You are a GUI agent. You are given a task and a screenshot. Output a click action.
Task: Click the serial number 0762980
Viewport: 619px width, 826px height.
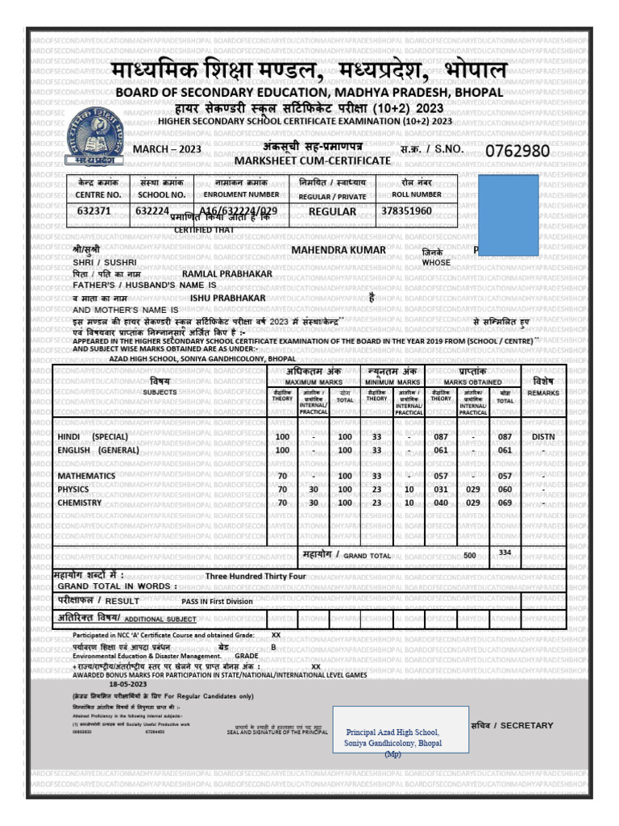click(517, 152)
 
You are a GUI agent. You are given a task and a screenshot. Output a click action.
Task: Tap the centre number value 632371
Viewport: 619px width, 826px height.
click(93, 211)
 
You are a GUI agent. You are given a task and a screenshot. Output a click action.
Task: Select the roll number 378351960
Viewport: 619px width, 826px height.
click(406, 211)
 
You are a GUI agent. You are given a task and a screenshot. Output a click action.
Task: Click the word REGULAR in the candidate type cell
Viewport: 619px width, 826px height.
click(332, 211)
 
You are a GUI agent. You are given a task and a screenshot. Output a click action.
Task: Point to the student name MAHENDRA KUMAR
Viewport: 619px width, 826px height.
click(327, 250)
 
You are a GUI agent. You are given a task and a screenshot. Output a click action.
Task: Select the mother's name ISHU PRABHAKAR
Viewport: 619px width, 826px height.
click(227, 298)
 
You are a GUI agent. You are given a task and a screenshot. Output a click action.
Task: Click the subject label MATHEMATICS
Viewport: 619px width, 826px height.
click(86, 476)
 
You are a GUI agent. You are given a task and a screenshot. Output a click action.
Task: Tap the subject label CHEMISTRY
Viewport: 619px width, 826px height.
click(80, 503)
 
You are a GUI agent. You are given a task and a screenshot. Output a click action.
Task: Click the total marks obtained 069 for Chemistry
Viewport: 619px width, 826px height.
click(505, 503)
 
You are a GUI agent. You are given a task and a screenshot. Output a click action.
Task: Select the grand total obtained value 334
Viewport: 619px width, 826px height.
click(505, 553)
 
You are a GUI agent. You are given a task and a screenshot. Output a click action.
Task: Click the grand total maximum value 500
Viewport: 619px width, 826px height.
click(470, 556)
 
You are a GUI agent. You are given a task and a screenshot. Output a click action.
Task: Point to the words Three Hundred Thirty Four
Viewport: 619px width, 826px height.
click(255, 577)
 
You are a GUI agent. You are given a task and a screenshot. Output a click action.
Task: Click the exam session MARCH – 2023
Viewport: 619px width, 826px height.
click(156, 150)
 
